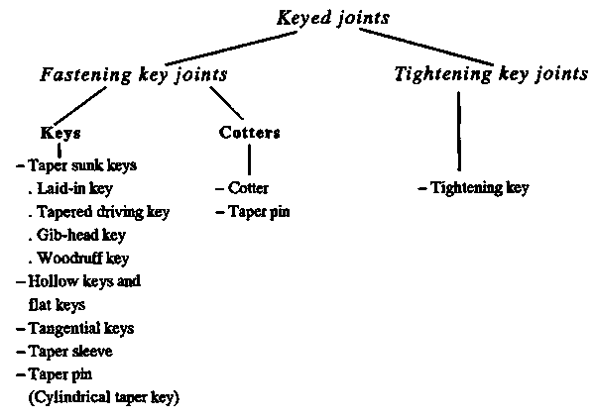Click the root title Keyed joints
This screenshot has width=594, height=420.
tap(333, 19)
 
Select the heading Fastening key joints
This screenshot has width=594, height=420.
tap(134, 74)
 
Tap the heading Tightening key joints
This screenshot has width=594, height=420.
tap(491, 73)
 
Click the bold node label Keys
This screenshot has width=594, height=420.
tap(60, 133)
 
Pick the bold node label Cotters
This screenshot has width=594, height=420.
tap(250, 133)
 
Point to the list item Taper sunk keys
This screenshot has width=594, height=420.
tap(82, 165)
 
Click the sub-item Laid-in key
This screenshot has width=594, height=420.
tap(75, 188)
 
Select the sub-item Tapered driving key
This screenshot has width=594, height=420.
tap(103, 212)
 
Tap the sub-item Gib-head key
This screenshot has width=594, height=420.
tap(81, 235)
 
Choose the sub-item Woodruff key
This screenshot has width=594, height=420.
tap(83, 259)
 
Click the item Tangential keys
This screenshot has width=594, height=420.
tap(81, 328)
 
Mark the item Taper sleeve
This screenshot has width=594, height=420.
tap(70, 351)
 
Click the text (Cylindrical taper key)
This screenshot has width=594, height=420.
tap(104, 397)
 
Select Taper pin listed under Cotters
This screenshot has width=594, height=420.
tap(259, 212)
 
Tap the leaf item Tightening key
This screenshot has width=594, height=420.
tap(480, 187)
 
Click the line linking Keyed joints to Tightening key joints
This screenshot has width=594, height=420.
tap(426, 47)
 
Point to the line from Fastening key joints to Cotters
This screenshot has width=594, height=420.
tap(226, 103)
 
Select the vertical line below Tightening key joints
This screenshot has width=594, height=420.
tap(459, 132)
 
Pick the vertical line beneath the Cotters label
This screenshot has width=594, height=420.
tap(249, 159)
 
